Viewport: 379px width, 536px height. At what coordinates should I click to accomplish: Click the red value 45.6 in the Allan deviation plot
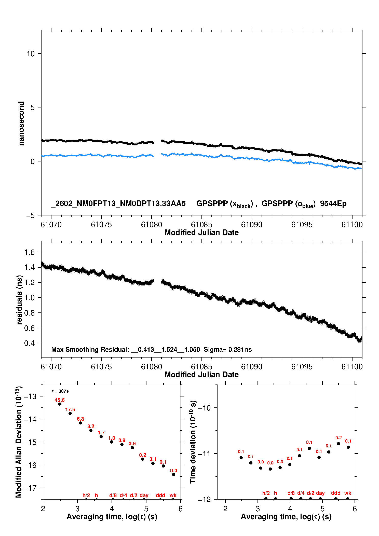(x=60, y=400)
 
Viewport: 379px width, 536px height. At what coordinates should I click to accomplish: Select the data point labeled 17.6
(x=70, y=414)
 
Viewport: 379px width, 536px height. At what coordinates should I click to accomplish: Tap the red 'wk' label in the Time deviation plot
(x=348, y=493)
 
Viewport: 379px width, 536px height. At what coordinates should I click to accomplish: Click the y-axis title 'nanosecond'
(x=21, y=123)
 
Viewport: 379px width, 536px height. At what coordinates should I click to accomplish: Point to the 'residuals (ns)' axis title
(x=19, y=300)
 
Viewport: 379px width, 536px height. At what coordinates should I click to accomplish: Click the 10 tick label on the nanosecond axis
(x=31, y=54)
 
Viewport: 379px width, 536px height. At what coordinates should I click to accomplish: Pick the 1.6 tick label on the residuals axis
(x=29, y=252)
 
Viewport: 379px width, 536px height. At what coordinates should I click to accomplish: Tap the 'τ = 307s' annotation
(x=60, y=391)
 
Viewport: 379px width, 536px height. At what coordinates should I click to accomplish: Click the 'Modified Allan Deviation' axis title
(x=19, y=442)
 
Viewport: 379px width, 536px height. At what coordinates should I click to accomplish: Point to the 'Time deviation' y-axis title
(x=193, y=442)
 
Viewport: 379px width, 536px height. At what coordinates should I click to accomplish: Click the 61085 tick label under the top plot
(x=201, y=225)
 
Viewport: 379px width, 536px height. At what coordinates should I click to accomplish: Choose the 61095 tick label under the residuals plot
(x=302, y=367)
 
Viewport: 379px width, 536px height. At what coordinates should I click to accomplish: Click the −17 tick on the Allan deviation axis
(x=30, y=488)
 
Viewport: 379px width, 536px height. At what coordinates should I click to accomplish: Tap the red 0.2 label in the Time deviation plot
(x=338, y=438)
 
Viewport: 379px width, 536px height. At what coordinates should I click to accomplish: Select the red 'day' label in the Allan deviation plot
(x=144, y=495)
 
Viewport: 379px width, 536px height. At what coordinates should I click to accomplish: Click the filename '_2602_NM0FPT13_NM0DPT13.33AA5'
(x=118, y=204)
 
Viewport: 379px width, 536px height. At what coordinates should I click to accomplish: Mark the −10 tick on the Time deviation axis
(x=204, y=408)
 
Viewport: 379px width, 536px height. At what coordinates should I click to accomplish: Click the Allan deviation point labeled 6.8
(x=80, y=423)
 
